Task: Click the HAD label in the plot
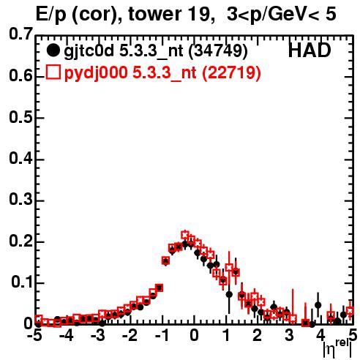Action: tap(310, 50)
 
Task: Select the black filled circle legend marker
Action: tap(53, 50)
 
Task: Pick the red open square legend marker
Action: tap(53, 72)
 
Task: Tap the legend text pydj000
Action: tap(95, 73)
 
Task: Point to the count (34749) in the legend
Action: tap(218, 51)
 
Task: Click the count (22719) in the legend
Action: tap(231, 73)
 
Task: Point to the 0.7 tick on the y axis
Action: tap(20, 34)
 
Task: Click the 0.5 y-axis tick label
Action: tap(20, 117)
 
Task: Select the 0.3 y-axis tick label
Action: tap(20, 199)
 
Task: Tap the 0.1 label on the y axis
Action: tap(21, 282)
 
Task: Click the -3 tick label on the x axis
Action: tap(97, 336)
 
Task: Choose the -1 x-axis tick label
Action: tap(162, 336)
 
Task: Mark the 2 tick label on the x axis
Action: tap(257, 336)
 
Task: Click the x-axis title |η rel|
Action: tap(337, 348)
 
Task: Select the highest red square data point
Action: tap(185, 236)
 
